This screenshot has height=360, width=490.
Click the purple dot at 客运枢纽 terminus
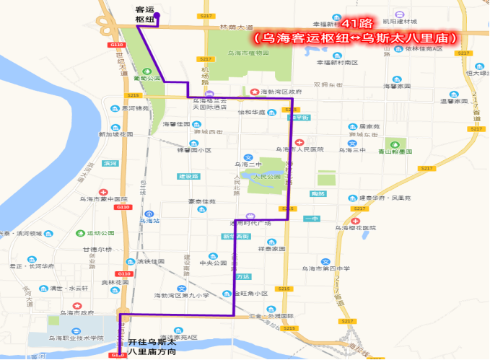point(156,16)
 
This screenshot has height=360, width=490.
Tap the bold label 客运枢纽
point(145,14)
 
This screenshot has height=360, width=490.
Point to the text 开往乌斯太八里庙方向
point(152,348)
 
